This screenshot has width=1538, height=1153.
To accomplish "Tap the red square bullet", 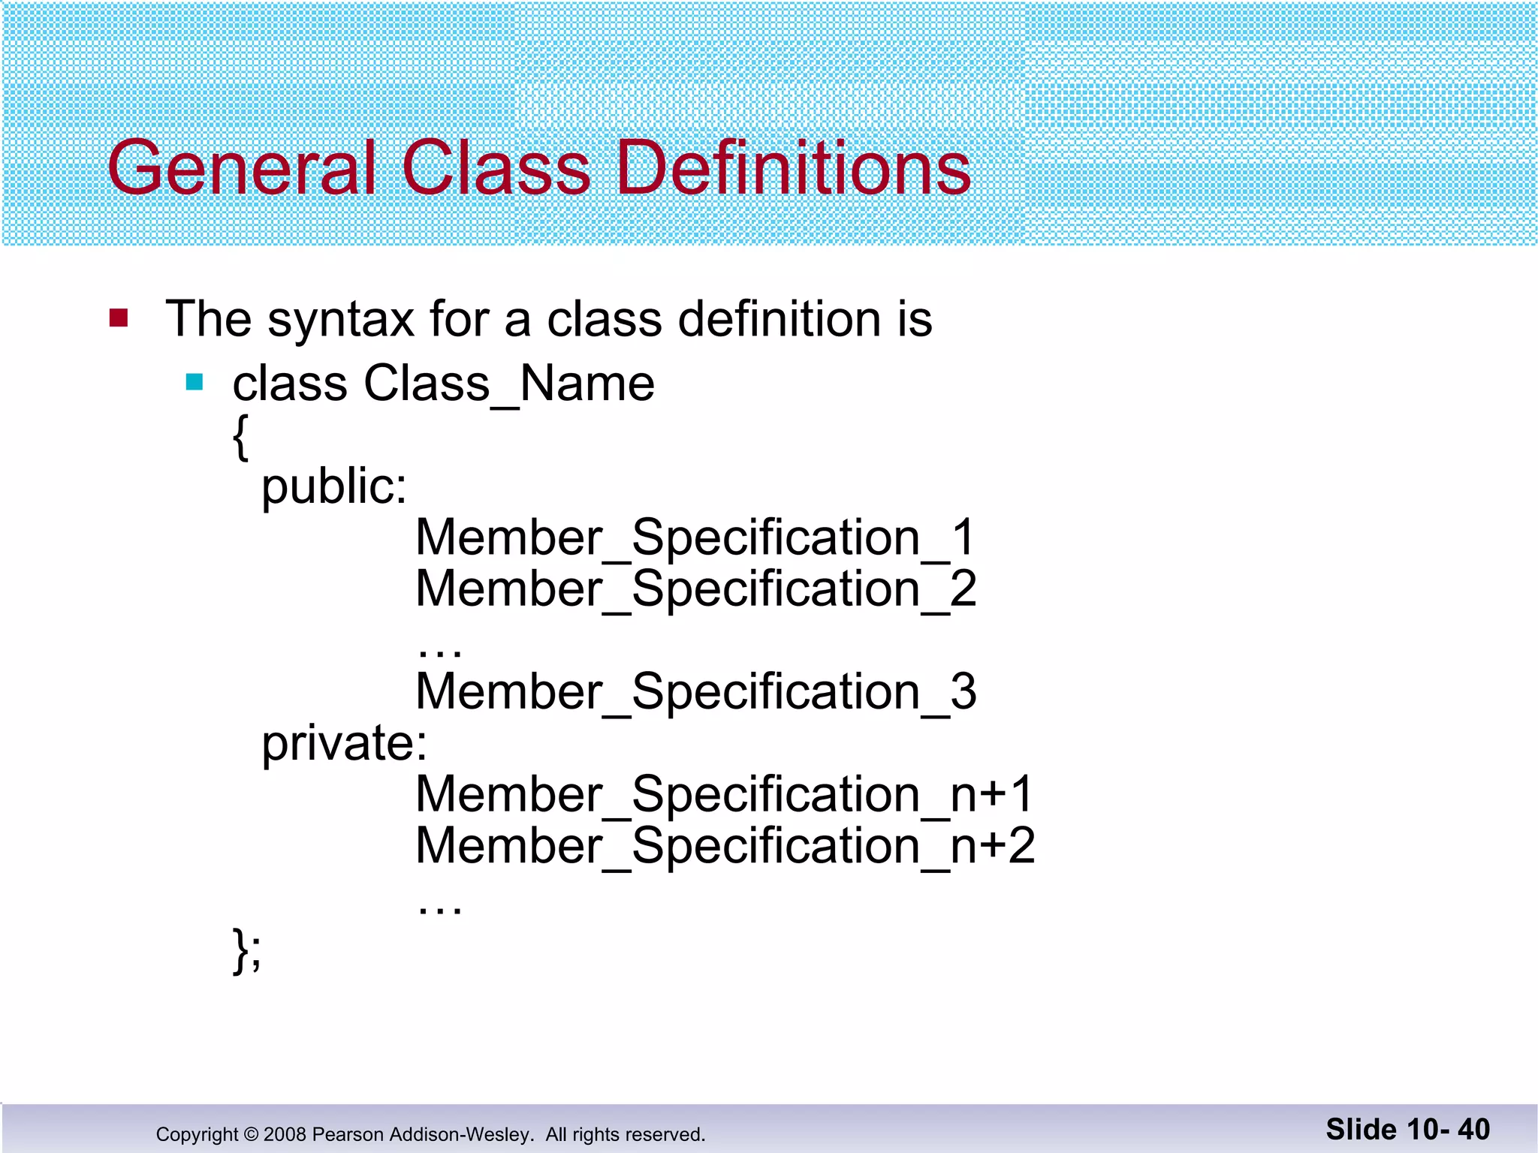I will [119, 318].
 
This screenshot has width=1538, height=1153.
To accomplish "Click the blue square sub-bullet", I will [195, 383].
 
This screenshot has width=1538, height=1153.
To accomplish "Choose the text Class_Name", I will [509, 384].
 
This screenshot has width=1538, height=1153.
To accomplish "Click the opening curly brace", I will [240, 437].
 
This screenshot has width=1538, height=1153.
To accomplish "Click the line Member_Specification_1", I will [695, 538].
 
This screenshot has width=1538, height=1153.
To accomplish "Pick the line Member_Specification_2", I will [695, 589].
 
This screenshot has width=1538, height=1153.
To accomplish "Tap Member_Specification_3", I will [695, 692].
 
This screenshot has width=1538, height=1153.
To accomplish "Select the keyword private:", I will [344, 744].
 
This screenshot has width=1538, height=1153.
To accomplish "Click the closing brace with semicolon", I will [247, 950].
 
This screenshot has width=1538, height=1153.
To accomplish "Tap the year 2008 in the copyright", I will [285, 1134].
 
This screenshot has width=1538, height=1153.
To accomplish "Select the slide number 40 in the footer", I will [1473, 1130].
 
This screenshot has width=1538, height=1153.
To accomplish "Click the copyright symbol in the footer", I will [251, 1134].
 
